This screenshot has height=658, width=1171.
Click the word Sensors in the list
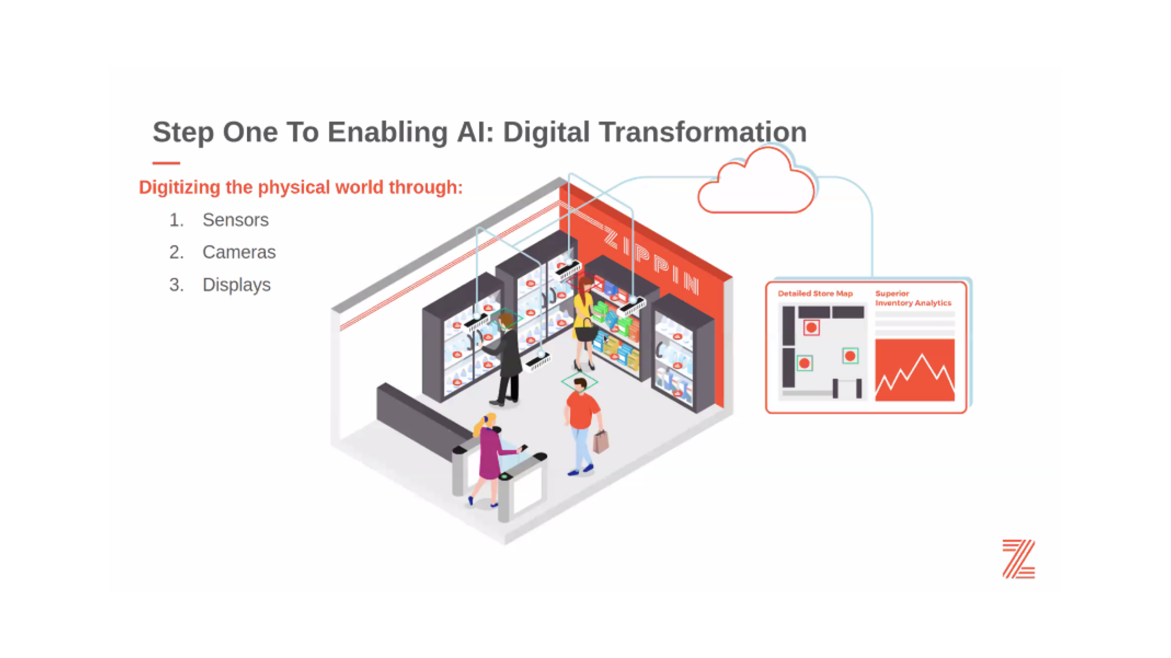pyautogui.click(x=235, y=220)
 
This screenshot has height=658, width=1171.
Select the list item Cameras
pyautogui.click(x=239, y=252)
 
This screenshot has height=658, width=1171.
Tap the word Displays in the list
pyautogui.click(x=236, y=285)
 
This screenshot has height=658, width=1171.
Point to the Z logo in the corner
pyautogui.click(x=1018, y=559)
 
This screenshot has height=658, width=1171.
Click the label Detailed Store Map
pyautogui.click(x=815, y=293)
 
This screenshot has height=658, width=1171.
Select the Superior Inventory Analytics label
pyautogui.click(x=913, y=298)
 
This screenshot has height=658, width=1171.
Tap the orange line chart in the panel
pyautogui.click(x=915, y=370)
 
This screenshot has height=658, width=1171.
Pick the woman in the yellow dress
pyautogui.click(x=584, y=324)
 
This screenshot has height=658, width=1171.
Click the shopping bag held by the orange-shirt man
pyautogui.click(x=601, y=442)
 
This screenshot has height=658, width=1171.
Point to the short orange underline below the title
pyautogui.click(x=166, y=163)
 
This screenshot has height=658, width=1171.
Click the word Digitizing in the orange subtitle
pyautogui.click(x=179, y=187)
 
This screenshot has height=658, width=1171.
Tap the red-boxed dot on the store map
pyautogui.click(x=811, y=328)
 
